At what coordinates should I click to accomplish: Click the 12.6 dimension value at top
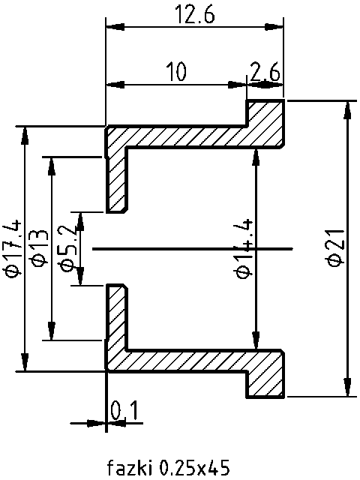click(x=194, y=15)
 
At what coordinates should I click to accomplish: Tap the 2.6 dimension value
click(x=265, y=72)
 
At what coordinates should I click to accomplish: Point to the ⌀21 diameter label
click(x=337, y=247)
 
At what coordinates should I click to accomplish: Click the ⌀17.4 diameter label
click(x=12, y=247)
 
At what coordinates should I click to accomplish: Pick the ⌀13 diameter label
click(x=38, y=247)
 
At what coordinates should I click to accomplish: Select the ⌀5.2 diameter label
click(x=65, y=247)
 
